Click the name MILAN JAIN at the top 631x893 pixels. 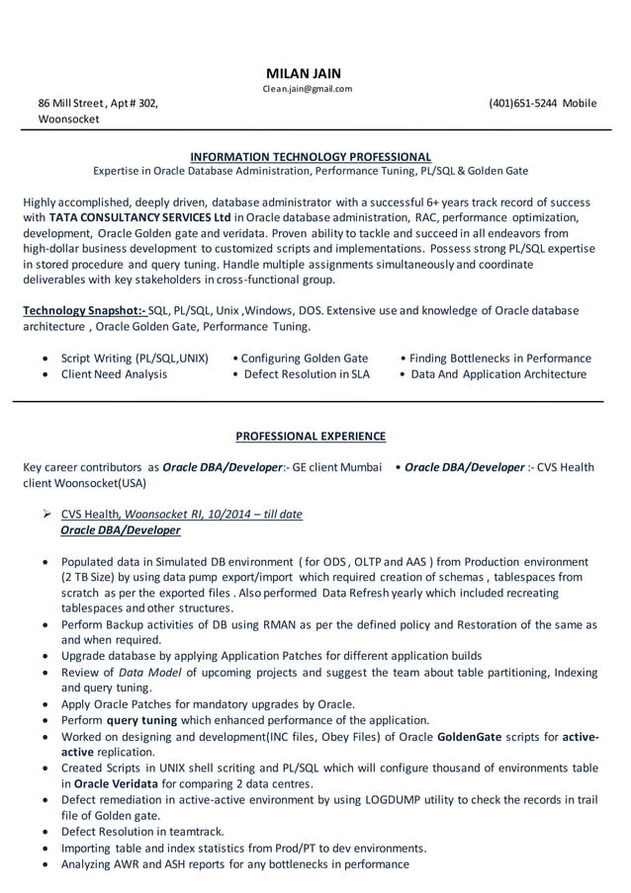click(303, 74)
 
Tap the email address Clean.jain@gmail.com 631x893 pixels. click(307, 89)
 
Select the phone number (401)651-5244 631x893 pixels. click(522, 103)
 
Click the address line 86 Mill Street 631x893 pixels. click(77, 103)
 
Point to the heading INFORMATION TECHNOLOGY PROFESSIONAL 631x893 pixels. click(310, 156)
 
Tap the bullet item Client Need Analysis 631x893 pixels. click(114, 374)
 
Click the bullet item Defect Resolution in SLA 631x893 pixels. click(306, 374)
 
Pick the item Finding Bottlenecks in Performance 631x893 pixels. click(499, 358)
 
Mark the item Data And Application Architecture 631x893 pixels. click(498, 374)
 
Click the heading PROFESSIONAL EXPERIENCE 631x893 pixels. click(311, 436)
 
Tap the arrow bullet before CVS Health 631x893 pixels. click(47, 514)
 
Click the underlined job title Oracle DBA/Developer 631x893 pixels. click(121, 530)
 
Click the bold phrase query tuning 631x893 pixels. click(141, 720)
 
